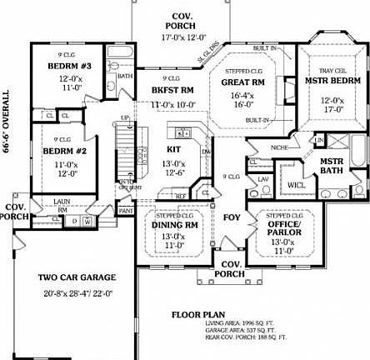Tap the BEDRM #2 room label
59,151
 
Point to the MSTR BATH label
332,165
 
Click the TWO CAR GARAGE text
77,277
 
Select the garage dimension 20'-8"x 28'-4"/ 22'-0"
77,293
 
